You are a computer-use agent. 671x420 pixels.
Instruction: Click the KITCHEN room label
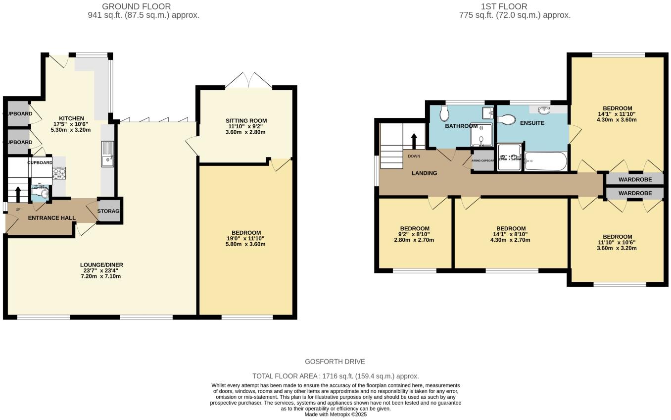coord(72,118)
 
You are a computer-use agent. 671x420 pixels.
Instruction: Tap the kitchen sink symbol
coord(107,154)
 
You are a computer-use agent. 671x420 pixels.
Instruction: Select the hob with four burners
coord(59,173)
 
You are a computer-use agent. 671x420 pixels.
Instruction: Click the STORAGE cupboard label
coord(109,211)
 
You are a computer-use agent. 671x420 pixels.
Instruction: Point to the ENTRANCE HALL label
coord(52,218)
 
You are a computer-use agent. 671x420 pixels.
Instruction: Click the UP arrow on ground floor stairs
coord(18,194)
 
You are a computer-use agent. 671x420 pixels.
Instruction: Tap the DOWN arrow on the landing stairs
coord(414,141)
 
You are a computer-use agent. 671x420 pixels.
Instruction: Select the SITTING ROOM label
coord(246,121)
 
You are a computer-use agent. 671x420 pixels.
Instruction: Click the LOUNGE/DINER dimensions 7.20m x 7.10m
coord(101,276)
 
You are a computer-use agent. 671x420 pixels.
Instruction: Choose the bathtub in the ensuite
coord(546,161)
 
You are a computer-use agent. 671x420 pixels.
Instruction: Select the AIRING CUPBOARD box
coord(483,161)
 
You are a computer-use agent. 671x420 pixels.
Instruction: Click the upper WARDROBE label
coord(635,179)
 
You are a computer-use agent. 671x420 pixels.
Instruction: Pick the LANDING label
coord(425,173)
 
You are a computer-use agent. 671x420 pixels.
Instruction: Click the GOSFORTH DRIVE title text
coord(335,362)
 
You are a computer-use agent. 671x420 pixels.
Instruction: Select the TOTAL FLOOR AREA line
coord(335,376)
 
